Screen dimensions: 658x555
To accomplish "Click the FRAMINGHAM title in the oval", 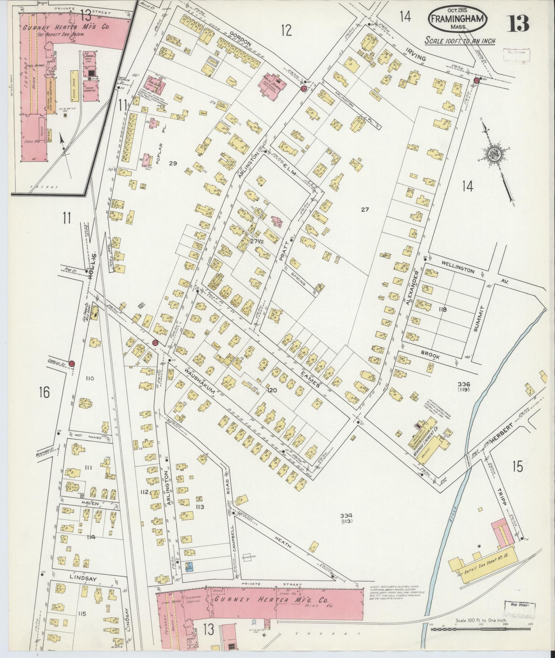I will pyautogui.click(x=458, y=19).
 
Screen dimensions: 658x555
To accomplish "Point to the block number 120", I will pyautogui.click(x=271, y=390).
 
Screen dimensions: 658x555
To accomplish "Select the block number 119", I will pyautogui.click(x=442, y=309).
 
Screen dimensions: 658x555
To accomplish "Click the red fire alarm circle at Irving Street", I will pyautogui.click(x=477, y=80).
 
